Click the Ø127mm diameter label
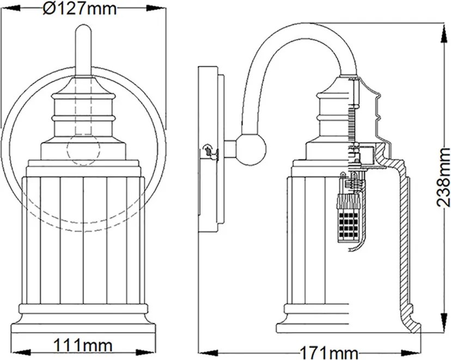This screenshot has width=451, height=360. click(x=80, y=9)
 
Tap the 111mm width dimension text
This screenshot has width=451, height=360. click(x=83, y=345)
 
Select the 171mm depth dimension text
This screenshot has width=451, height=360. click(x=329, y=353)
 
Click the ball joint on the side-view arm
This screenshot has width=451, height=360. click(x=251, y=150)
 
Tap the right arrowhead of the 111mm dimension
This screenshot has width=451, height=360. click(x=145, y=352)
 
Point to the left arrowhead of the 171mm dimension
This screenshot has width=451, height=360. click(x=209, y=353)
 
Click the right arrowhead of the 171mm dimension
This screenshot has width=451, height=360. click(x=411, y=353)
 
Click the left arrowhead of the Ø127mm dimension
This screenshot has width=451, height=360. click(x=10, y=9)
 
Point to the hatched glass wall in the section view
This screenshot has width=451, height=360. click(x=404, y=236)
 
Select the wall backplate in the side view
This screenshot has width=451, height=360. click(x=208, y=149)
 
